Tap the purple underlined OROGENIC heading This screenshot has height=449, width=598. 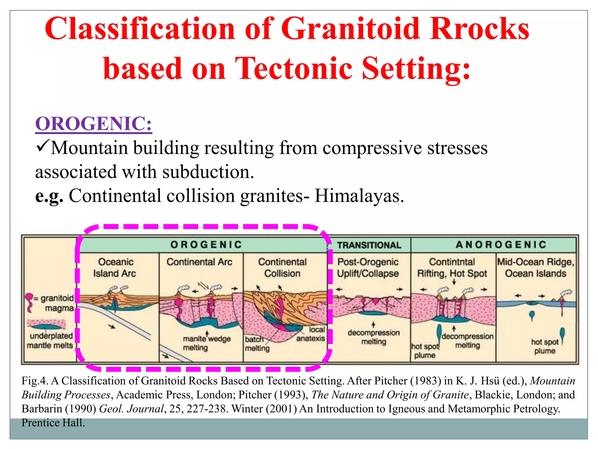93,124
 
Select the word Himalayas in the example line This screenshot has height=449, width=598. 359,196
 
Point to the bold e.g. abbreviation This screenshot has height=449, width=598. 49,196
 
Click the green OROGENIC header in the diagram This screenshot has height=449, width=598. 206,244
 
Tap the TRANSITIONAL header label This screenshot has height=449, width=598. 369,245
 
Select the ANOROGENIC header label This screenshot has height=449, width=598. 501,244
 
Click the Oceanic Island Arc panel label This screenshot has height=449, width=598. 115,267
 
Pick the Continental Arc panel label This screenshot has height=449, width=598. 199,262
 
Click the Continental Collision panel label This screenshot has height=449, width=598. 282,267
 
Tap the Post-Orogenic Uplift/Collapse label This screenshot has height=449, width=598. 368,267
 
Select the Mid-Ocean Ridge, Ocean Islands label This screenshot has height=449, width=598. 536,267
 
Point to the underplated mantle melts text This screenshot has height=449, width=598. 51,341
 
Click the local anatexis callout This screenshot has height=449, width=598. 311,334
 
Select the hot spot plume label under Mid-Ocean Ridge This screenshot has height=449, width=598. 545,346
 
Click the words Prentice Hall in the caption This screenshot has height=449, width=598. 53,423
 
